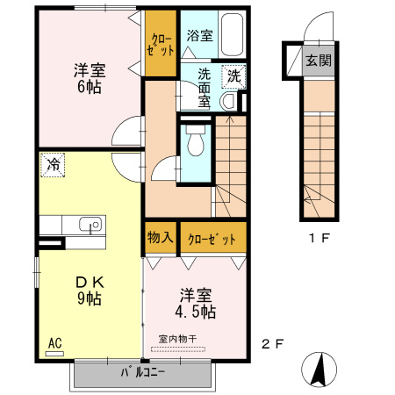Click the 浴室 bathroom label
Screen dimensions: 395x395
199,36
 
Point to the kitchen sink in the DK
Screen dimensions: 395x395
89,225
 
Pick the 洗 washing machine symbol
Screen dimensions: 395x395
233,75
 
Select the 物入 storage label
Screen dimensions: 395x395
160,238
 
